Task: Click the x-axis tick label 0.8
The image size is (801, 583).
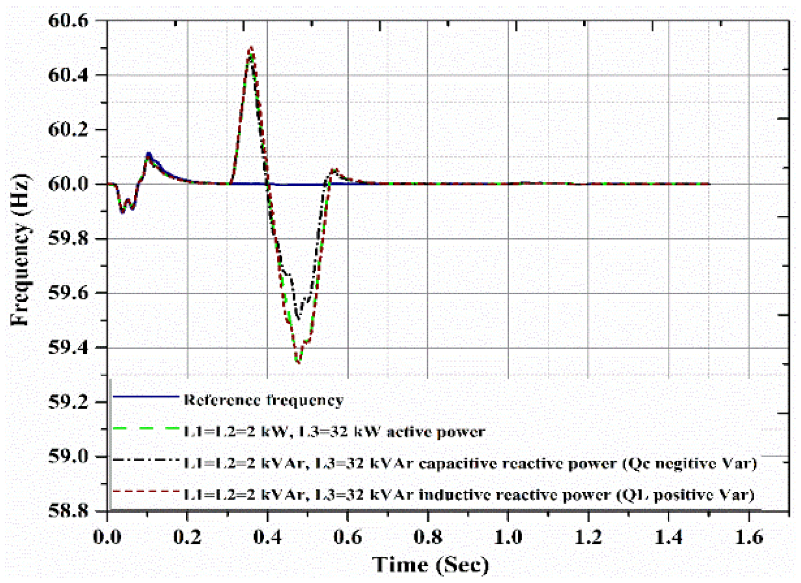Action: (x=427, y=537)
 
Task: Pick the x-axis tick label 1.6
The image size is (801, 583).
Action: (x=748, y=537)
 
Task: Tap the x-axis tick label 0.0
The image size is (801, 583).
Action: (x=107, y=537)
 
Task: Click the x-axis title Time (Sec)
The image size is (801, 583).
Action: (x=430, y=565)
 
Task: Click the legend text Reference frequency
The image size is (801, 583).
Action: (x=263, y=400)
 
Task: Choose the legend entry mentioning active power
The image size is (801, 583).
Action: (x=334, y=432)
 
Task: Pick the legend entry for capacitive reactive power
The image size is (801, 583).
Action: (x=470, y=463)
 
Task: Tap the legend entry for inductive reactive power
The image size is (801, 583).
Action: (x=469, y=495)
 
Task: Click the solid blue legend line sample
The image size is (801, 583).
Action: (x=146, y=396)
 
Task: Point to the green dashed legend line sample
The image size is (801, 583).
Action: (x=146, y=428)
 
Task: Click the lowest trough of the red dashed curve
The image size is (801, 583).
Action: (x=298, y=363)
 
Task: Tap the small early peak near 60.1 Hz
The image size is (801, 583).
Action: (x=149, y=154)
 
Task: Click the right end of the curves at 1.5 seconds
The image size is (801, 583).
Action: (x=709, y=184)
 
